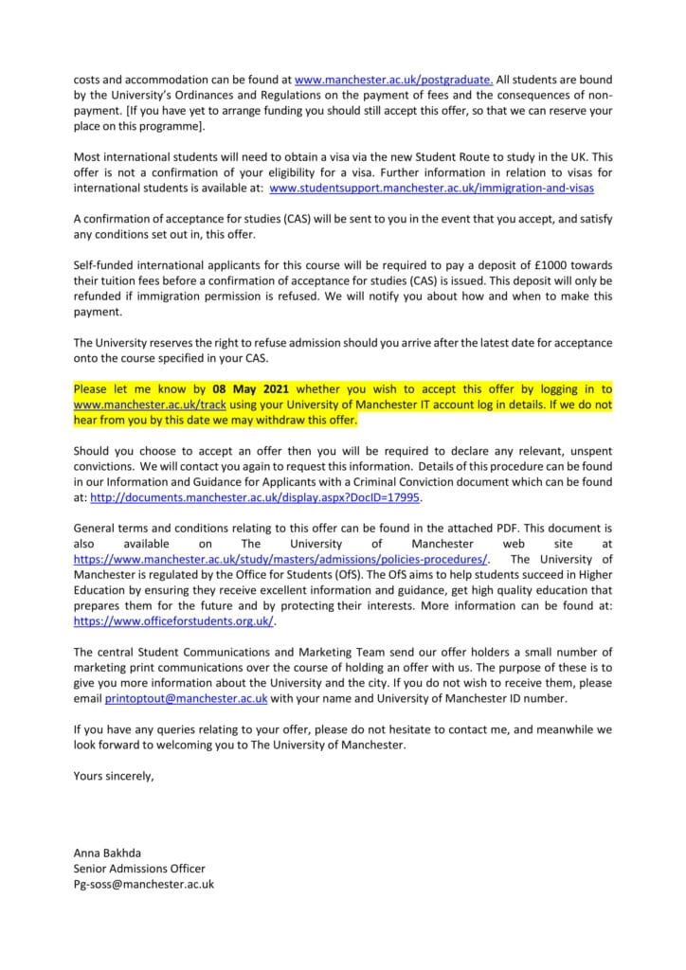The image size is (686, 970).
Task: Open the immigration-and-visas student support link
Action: (x=433, y=189)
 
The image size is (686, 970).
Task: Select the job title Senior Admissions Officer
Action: (x=138, y=868)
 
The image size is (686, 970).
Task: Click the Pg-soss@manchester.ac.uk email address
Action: (x=144, y=884)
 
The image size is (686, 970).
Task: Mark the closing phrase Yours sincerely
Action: (x=112, y=776)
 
